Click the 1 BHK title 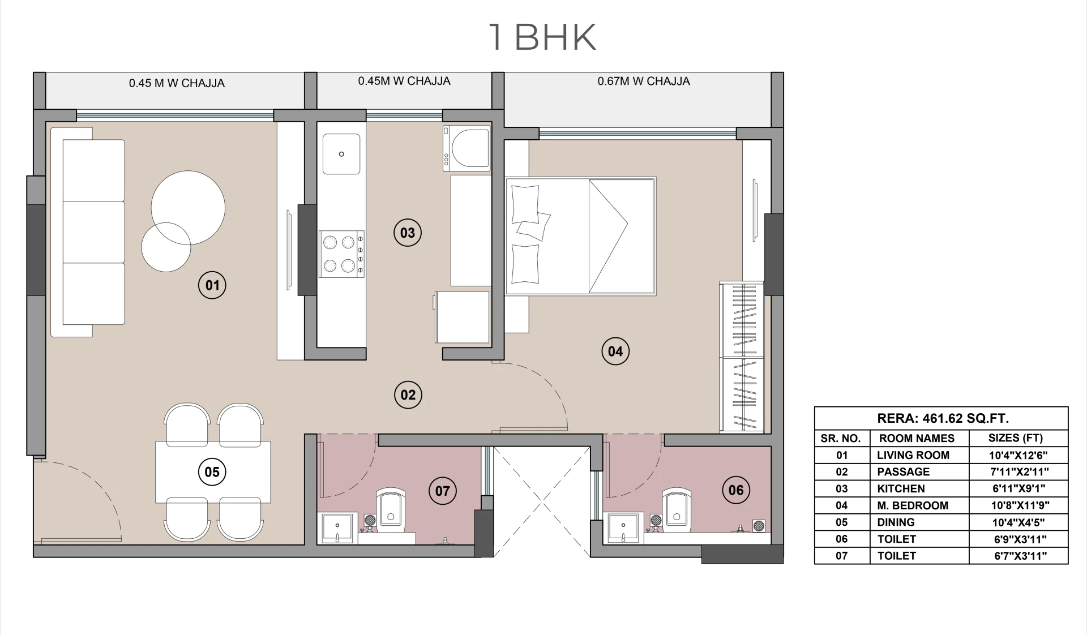click(542, 37)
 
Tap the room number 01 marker click(212, 285)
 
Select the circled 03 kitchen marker click(408, 233)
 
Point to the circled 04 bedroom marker click(615, 351)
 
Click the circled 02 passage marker click(408, 395)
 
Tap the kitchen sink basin click(341, 154)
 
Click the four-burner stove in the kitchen click(341, 254)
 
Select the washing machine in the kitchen click(467, 148)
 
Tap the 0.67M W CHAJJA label click(644, 81)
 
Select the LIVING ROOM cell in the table click(913, 455)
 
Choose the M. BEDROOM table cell click(913, 505)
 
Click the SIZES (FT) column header click(1016, 438)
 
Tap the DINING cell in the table click(896, 522)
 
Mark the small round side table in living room click(166, 247)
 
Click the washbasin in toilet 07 click(337, 527)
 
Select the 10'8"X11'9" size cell click(1019, 505)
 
